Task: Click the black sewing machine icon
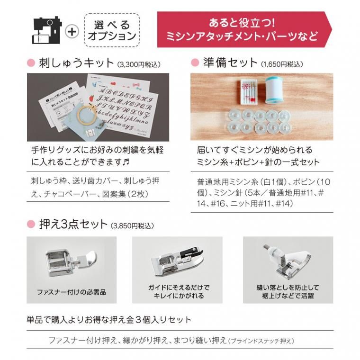click(x=47, y=30)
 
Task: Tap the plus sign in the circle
click(x=72, y=31)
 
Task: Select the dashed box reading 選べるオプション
click(x=112, y=30)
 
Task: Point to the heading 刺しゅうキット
click(x=75, y=63)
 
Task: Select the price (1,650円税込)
click(x=282, y=63)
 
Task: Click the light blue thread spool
click(x=273, y=90)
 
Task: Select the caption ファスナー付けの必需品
click(x=72, y=292)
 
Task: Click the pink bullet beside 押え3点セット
click(x=31, y=225)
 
